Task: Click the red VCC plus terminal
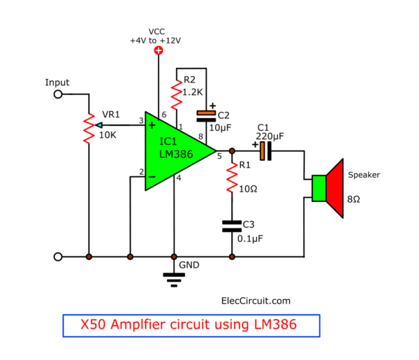tap(159, 50)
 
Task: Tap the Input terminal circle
tap(58, 94)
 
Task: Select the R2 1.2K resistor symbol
tap(177, 94)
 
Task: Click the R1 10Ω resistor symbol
tap(232, 177)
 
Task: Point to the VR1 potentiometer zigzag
tap(89, 129)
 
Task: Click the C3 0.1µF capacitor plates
tap(232, 226)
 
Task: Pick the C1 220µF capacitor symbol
tap(265, 151)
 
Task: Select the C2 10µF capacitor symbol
tap(206, 116)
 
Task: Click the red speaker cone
tap(335, 188)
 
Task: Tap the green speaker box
tap(319, 188)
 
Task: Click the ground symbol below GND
tap(174, 280)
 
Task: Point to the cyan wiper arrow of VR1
tap(98, 125)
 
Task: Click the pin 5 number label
tap(219, 156)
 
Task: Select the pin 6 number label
tap(164, 115)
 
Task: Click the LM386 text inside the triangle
tap(176, 154)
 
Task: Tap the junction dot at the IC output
tap(232, 151)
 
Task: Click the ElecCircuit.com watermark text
tap(256, 301)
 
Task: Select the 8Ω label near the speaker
tap(353, 199)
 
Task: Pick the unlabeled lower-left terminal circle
tap(58, 257)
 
